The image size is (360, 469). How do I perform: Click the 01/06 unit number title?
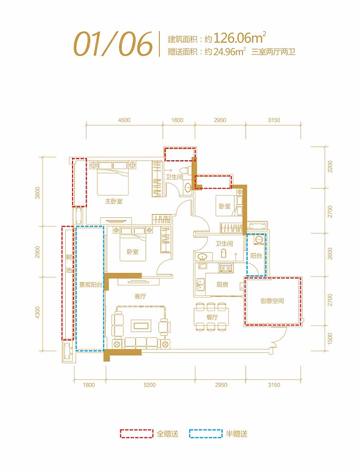(114, 43)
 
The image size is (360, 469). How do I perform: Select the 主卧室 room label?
(114, 201)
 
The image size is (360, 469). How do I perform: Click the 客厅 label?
(140, 296)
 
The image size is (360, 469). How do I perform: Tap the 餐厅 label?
(212, 318)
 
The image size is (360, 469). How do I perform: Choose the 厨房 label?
(222, 284)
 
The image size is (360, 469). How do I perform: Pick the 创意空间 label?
(272, 301)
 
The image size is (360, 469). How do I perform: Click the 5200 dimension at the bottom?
(150, 385)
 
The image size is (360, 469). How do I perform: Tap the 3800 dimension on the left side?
(37, 193)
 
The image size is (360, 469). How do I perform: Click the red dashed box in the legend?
(137, 433)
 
